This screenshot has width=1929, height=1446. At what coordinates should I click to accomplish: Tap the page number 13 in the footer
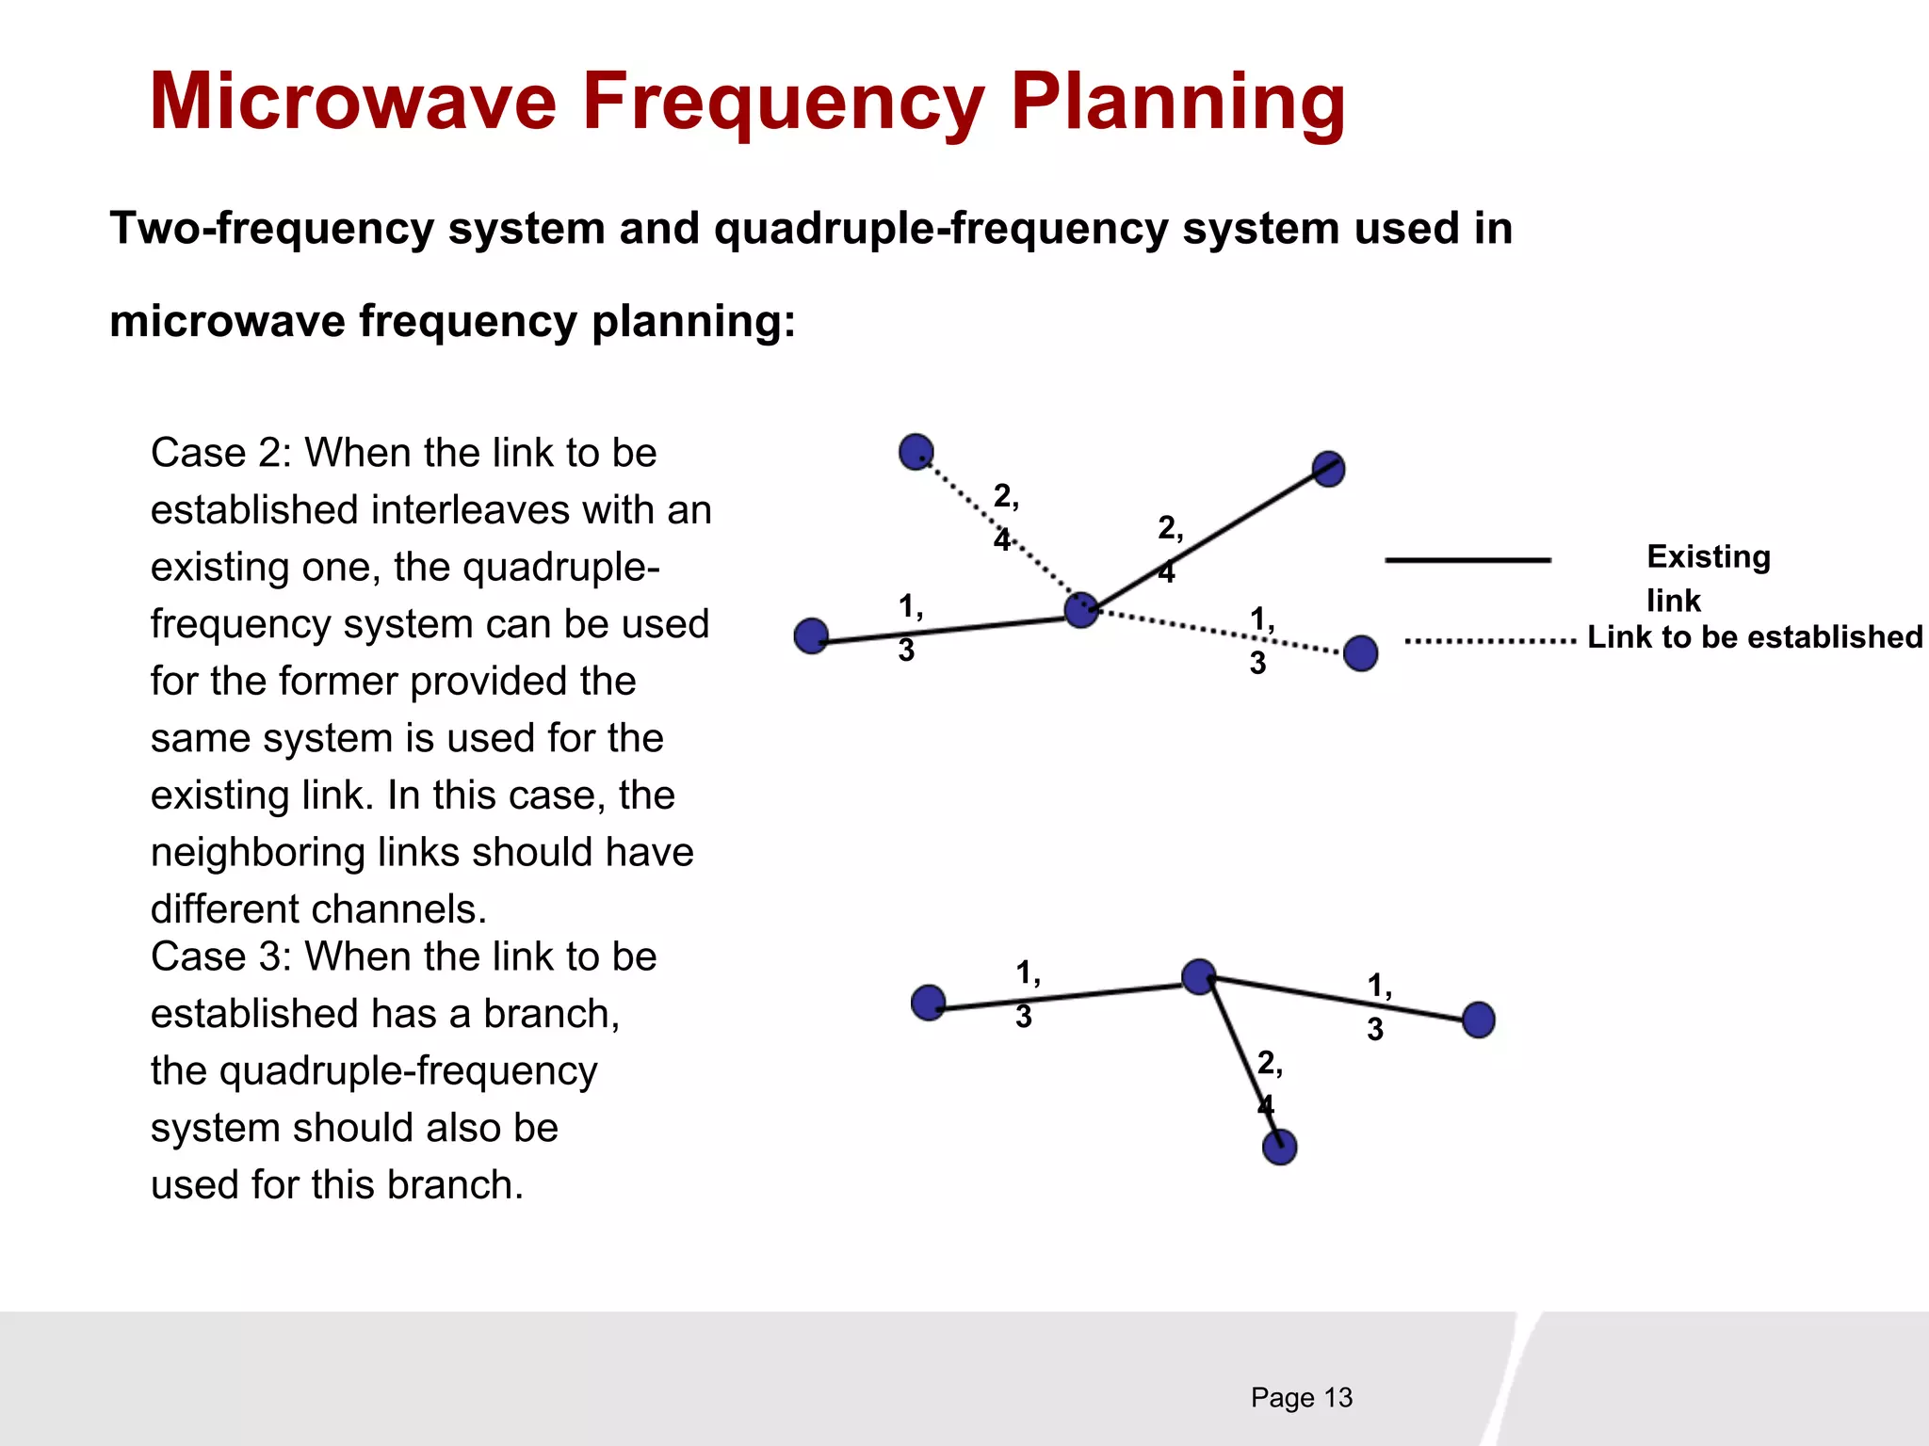(x=1337, y=1398)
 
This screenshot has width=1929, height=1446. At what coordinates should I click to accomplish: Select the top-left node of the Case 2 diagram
(x=916, y=452)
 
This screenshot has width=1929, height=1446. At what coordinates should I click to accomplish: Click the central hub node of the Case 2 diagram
(x=1081, y=610)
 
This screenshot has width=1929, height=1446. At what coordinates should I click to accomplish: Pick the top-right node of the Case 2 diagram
(x=1328, y=469)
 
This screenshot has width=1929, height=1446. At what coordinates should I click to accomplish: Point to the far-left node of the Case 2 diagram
(x=811, y=636)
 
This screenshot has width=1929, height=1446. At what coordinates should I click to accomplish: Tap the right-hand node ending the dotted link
(x=1360, y=652)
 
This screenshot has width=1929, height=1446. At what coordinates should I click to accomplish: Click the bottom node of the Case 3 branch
(x=1279, y=1147)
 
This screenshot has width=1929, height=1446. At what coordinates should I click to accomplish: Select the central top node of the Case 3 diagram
(x=1198, y=977)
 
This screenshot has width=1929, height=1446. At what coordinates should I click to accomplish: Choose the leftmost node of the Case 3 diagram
(x=929, y=1003)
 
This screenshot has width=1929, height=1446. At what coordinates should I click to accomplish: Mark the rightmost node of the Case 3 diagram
(x=1479, y=1020)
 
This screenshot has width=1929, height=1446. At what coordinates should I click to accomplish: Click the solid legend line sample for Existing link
(x=1467, y=560)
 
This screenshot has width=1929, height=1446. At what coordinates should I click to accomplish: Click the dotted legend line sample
(x=1490, y=641)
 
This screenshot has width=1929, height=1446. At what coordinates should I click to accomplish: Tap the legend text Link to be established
(x=1755, y=637)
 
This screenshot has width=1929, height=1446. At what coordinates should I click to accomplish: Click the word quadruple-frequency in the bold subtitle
(x=941, y=229)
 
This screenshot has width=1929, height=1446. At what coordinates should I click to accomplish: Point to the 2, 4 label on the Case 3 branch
(x=1269, y=1083)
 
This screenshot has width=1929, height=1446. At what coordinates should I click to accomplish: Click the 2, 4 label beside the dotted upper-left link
(x=1005, y=517)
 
